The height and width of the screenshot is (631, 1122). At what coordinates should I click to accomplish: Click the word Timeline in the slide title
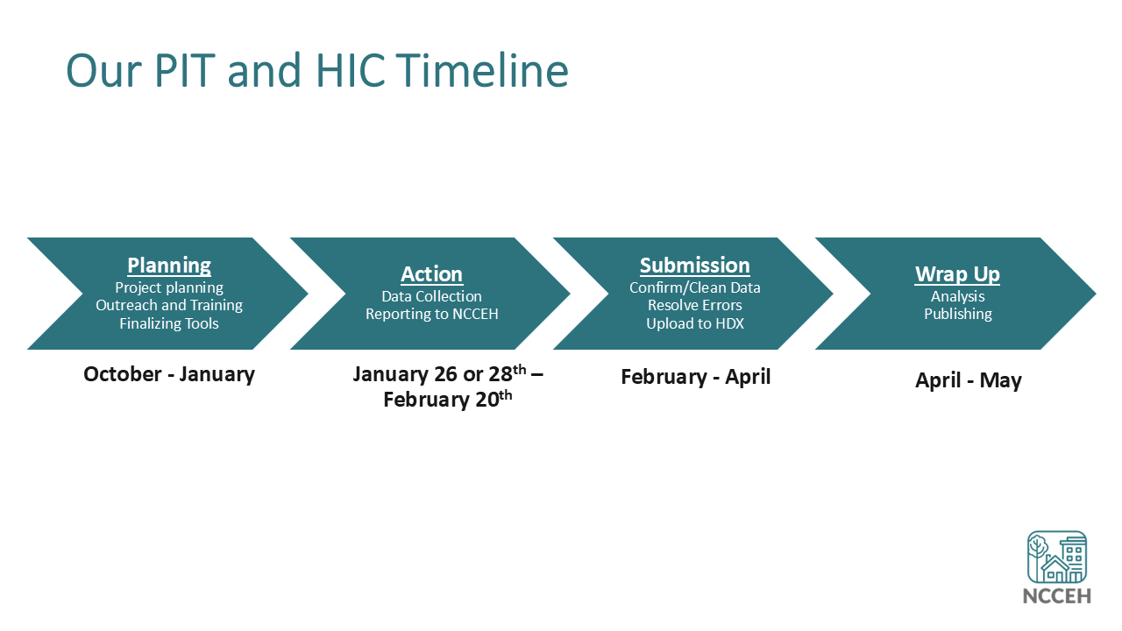pos(483,70)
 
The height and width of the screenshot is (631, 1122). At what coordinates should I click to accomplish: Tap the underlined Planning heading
pos(169,266)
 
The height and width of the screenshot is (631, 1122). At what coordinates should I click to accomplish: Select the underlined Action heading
pos(432,274)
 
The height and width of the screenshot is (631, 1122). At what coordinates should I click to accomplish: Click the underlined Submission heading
pos(695,266)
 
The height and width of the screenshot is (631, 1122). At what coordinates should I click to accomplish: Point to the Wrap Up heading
pos(957,274)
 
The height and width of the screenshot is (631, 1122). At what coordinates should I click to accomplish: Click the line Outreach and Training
pos(169,305)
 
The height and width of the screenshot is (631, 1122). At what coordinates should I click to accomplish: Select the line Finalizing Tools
pos(169,323)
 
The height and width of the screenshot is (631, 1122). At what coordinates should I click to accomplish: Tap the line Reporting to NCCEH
pos(432,314)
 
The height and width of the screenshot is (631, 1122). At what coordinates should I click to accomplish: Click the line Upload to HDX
pos(695,323)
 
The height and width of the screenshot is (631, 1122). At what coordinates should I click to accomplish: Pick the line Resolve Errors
pos(695,305)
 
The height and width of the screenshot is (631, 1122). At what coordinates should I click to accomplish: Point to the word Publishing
pos(958,314)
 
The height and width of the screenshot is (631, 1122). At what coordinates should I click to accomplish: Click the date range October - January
pos(169,374)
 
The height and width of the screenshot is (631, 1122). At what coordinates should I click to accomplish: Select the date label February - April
pos(696,377)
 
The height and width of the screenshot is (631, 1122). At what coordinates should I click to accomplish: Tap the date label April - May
pos(969,380)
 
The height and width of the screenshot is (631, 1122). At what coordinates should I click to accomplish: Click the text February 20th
pos(448,399)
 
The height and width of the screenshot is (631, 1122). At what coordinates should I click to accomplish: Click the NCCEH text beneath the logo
pos(1057,596)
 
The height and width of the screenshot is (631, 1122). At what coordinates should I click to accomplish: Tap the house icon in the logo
pos(1055,570)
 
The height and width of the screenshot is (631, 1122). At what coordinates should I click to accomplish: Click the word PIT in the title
pos(185,70)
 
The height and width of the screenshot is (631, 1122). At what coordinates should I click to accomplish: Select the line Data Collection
pos(432,296)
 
